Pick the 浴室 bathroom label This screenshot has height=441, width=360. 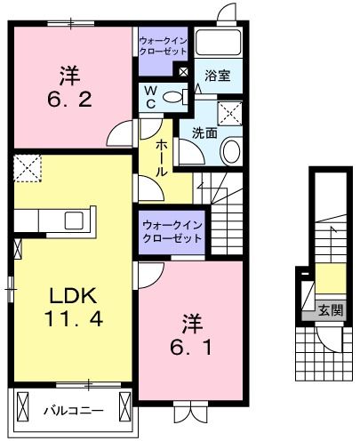[x=218, y=76]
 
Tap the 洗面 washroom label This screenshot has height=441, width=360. [x=204, y=133]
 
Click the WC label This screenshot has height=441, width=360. [x=149, y=97]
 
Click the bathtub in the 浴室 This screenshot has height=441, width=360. [x=218, y=43]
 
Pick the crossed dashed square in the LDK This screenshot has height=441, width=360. [x=28, y=166]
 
